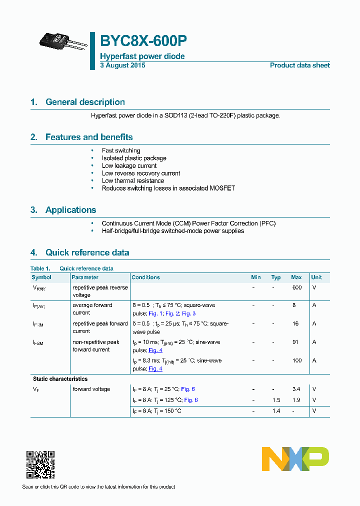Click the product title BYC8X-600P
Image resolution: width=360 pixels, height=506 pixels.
click(143, 40)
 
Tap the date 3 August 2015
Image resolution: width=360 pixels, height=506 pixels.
click(122, 65)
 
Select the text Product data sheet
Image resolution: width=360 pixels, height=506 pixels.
click(299, 65)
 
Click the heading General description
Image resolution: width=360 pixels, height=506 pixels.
click(85, 102)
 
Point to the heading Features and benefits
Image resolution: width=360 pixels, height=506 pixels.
click(89, 137)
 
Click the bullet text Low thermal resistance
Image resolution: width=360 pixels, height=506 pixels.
click(133, 180)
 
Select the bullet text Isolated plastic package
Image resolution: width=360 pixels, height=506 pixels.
click(134, 158)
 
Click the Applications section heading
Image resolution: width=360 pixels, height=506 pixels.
click(70, 210)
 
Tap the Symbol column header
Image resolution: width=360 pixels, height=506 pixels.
click(41, 277)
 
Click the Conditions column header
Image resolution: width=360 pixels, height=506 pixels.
click(145, 277)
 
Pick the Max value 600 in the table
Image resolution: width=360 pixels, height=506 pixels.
click(296, 287)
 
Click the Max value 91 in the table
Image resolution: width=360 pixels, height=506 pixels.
click(295, 342)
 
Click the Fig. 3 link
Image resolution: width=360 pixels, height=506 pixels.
click(188, 313)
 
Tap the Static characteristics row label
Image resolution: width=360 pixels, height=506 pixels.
click(60, 379)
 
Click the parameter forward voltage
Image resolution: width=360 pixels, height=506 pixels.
click(91, 389)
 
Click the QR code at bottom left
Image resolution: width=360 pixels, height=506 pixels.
click(40, 464)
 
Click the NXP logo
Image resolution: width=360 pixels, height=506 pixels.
click(295, 458)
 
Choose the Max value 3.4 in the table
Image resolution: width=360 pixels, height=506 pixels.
click(296, 389)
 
